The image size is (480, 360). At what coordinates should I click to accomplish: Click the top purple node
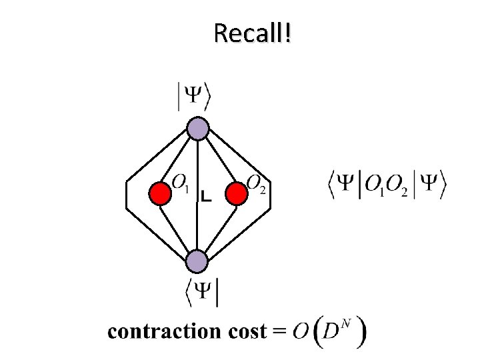(198, 129)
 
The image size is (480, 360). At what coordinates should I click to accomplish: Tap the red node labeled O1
(160, 194)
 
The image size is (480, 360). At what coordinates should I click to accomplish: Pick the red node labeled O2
(236, 194)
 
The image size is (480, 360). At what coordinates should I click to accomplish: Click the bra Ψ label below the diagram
(203, 292)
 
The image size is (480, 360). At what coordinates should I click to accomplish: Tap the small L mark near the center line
(207, 197)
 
